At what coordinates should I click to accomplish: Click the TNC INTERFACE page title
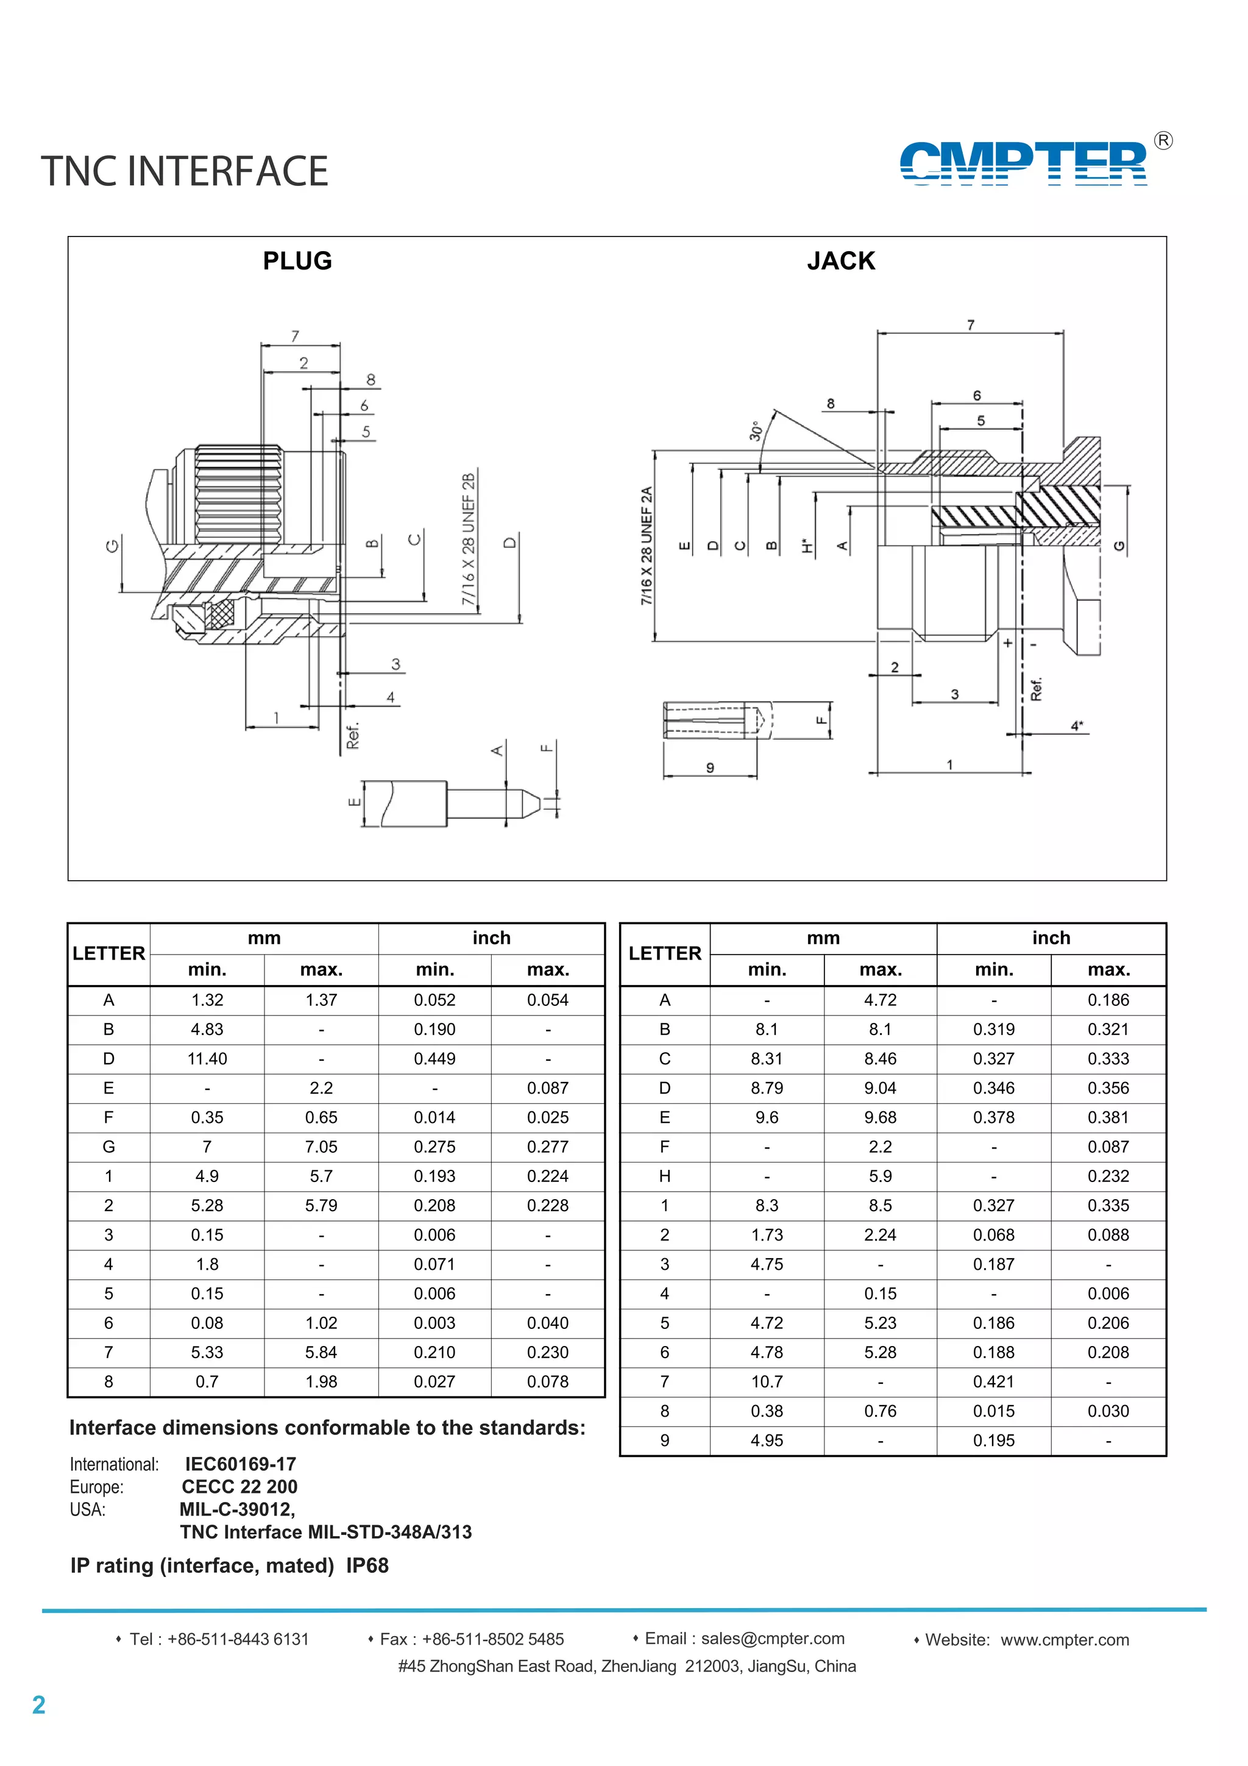tap(185, 171)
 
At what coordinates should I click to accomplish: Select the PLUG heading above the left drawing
tap(297, 261)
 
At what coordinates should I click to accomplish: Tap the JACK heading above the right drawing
tap(840, 261)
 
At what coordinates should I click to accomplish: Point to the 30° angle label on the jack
tap(755, 431)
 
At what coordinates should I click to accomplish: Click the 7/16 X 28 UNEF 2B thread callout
tap(468, 538)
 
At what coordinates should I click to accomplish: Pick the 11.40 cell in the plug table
tap(207, 1058)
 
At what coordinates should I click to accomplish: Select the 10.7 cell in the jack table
tap(766, 1381)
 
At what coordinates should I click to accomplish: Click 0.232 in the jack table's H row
tap(1107, 1176)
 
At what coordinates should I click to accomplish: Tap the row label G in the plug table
tap(108, 1147)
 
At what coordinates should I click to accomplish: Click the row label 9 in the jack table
tap(664, 1440)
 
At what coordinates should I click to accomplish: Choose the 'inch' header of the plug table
tap(491, 938)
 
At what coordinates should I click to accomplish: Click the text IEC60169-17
tap(240, 1464)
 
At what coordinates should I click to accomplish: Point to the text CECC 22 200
tap(239, 1487)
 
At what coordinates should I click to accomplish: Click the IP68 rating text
tap(367, 1565)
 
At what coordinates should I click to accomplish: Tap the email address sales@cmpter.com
tap(772, 1639)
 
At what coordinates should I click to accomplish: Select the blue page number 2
tap(38, 1705)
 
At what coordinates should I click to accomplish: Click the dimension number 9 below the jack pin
tap(710, 767)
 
